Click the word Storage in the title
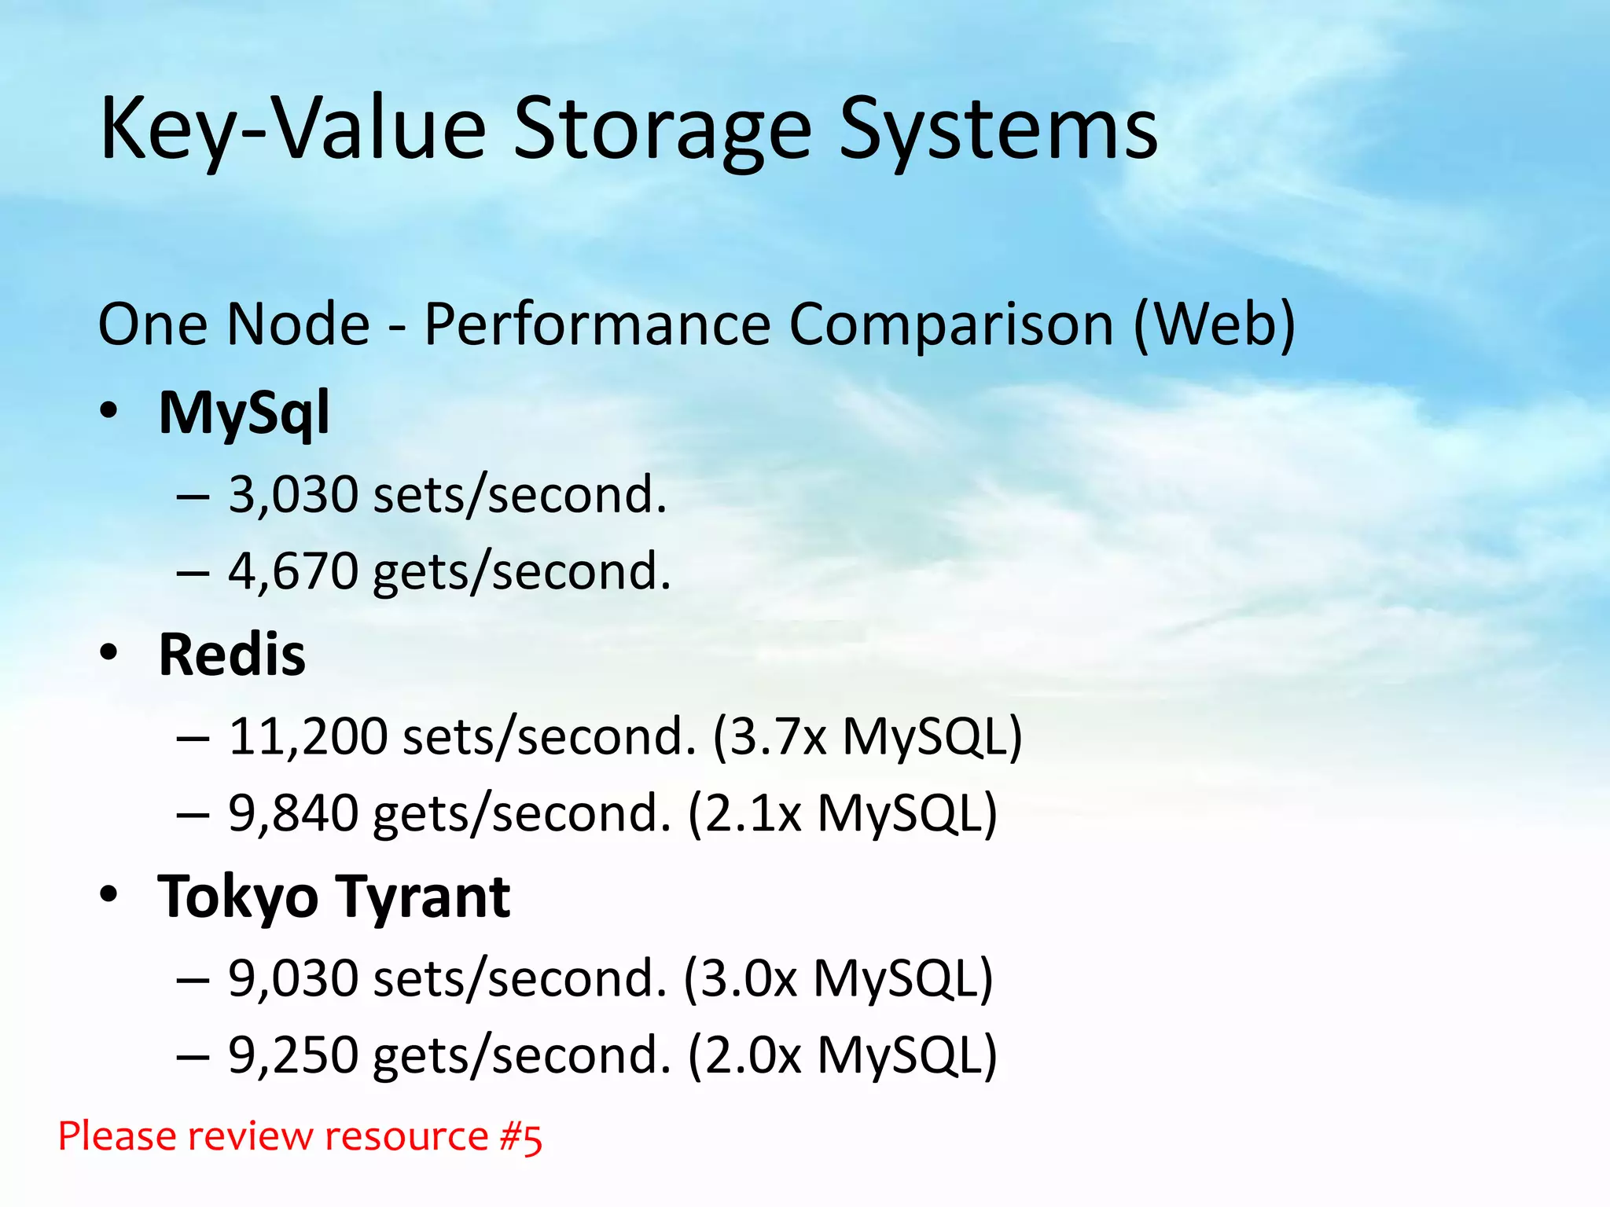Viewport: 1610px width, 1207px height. pos(662,130)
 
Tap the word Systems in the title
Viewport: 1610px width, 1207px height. pos(998,130)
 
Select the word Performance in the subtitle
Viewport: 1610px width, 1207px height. pos(597,325)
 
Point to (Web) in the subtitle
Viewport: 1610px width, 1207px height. pos(1215,325)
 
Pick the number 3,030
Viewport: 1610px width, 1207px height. pos(293,495)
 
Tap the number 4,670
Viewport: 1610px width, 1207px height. pos(293,571)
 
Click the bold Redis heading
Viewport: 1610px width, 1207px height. pos(232,655)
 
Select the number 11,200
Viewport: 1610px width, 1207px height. pos(308,737)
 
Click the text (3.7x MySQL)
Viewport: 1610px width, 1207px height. pos(867,737)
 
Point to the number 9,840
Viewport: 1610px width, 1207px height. pos(293,813)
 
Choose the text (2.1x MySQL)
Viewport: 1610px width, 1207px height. pos(842,813)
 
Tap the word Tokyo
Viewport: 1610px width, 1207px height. pos(238,898)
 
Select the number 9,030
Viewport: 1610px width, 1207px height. pos(293,979)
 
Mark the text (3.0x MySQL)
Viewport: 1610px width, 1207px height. pos(838,979)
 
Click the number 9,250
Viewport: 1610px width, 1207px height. pos(293,1055)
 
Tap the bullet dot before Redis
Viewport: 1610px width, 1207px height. pos(109,652)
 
